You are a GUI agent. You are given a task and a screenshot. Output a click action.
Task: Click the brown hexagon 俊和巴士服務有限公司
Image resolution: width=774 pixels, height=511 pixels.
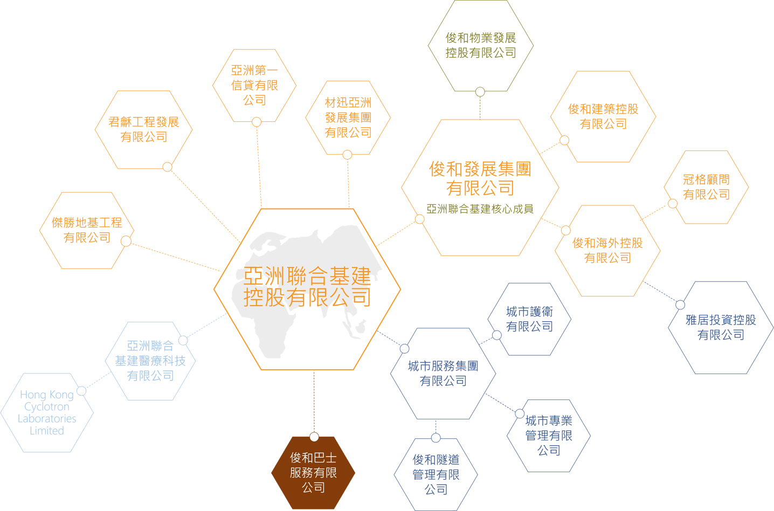313,473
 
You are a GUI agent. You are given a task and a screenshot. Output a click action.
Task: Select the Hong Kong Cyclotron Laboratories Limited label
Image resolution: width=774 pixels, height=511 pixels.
47,412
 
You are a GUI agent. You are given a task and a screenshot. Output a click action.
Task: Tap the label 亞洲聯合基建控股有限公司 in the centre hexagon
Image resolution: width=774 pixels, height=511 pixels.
307,286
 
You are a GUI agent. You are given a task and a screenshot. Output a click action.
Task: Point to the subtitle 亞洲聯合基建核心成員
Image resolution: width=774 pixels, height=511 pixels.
480,209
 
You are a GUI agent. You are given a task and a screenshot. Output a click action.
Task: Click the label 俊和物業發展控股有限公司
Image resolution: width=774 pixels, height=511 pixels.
481,45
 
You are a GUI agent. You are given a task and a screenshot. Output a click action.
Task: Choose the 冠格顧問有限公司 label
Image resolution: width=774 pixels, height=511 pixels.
706,187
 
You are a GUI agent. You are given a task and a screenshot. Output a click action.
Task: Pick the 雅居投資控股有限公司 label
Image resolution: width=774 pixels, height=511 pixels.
721,327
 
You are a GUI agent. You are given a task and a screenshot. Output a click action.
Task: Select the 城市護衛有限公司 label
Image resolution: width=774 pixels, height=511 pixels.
529,319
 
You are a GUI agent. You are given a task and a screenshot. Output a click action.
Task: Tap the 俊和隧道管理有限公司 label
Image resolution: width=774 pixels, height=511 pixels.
436,474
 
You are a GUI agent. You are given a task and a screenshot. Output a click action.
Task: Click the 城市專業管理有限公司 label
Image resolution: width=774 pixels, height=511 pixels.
549,436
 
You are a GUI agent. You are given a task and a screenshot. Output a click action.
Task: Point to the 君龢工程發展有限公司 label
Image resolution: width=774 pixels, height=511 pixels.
144,129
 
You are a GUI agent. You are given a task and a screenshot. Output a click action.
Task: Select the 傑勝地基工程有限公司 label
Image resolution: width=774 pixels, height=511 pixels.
87,230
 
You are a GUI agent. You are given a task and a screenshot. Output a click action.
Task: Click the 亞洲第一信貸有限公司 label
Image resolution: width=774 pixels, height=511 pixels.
254,85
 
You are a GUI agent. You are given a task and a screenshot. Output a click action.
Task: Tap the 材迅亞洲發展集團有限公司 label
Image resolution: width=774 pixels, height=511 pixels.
348,118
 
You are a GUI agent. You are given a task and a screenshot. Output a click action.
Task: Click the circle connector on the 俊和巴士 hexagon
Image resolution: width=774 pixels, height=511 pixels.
314,437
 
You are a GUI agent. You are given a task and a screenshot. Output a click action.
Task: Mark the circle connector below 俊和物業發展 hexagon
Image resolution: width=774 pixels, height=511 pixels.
480,92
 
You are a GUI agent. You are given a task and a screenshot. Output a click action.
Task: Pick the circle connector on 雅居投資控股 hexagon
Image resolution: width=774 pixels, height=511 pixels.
680,305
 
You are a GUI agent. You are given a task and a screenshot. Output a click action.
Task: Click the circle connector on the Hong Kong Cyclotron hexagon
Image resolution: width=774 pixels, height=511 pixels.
81,391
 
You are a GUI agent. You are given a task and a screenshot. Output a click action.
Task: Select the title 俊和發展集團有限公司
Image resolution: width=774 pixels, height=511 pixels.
480,178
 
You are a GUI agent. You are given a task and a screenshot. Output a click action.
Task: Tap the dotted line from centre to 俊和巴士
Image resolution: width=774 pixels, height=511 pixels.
314,401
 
